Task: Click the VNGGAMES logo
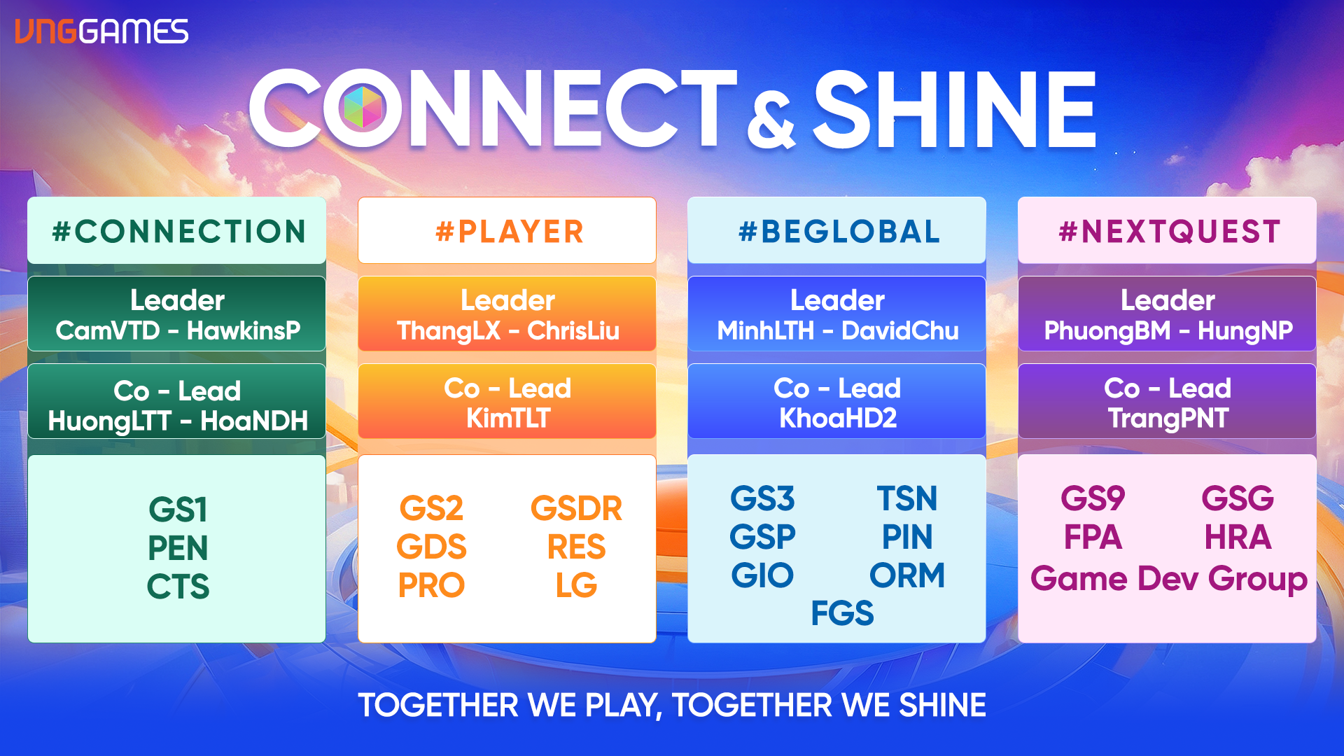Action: tap(101, 31)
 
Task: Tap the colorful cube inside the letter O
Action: tap(363, 107)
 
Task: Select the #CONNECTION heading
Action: tap(178, 232)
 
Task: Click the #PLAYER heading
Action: tap(509, 232)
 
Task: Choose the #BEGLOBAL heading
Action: tap(839, 232)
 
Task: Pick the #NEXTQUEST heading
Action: tap(1169, 232)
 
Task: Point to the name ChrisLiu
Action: tap(573, 330)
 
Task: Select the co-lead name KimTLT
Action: tap(508, 419)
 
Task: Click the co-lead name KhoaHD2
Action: tap(838, 419)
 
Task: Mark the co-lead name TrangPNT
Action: tap(1168, 419)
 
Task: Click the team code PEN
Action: tap(178, 548)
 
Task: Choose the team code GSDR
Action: tap(576, 509)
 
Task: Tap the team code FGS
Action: tap(842, 614)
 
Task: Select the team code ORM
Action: tap(907, 576)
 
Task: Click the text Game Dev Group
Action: tap(1169, 580)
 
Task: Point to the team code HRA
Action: tap(1238, 538)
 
